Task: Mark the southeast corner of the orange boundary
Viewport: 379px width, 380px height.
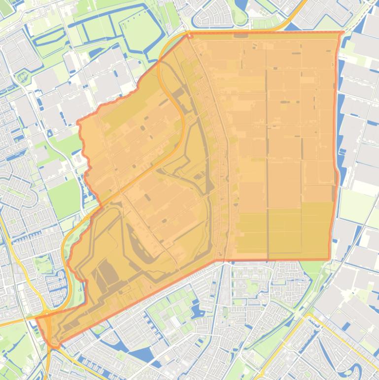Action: point(329,259)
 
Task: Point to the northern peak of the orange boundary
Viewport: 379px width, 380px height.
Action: point(187,34)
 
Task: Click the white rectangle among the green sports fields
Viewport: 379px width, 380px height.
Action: point(175,322)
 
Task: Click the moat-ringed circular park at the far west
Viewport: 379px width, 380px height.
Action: point(22,77)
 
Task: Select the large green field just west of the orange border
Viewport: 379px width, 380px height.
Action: point(63,197)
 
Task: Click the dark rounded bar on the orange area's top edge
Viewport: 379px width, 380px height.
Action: point(241,36)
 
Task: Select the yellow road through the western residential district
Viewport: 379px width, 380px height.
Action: point(20,266)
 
